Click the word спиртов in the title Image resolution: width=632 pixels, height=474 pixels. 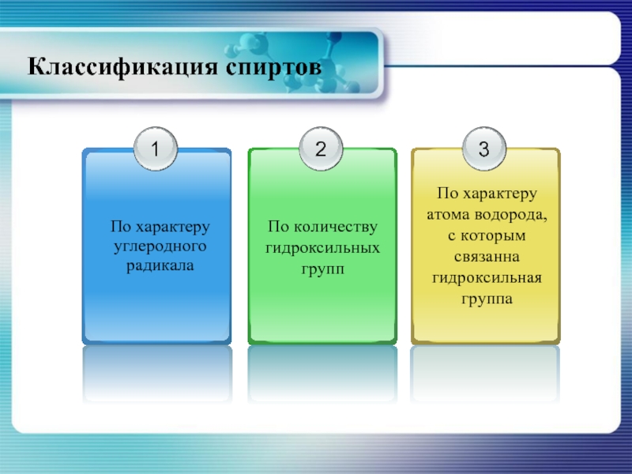click(273, 67)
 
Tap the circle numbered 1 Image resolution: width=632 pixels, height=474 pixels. click(156, 149)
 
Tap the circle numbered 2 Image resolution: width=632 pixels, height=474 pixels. click(321, 149)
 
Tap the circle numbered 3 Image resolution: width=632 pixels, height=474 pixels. click(484, 149)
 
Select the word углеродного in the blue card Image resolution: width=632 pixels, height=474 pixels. click(160, 246)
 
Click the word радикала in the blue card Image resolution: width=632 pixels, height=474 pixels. click(160, 266)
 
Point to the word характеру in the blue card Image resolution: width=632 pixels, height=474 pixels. click(173, 228)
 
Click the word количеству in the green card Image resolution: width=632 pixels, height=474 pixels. click(336, 228)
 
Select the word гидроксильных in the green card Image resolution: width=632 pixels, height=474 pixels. click(322, 247)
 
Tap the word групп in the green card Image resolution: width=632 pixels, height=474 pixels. click(322, 269)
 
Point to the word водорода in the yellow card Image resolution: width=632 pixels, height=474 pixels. click(510, 216)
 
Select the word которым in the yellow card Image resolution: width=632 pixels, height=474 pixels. click(493, 235)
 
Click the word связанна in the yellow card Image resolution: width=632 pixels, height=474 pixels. click(487, 257)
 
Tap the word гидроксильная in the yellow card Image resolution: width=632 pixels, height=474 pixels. click(487, 278)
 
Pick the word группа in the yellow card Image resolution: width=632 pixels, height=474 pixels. click(487, 299)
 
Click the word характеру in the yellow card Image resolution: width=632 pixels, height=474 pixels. click(500, 194)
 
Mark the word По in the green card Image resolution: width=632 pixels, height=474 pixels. click(278, 227)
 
